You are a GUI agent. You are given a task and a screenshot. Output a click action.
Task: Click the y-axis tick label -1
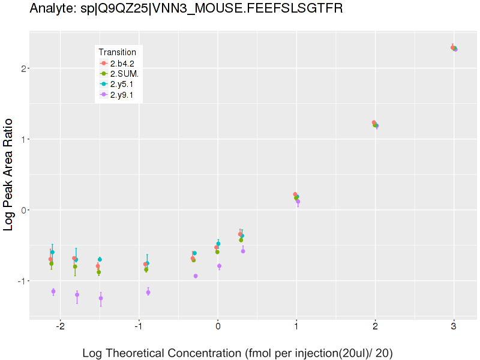[x=19, y=281]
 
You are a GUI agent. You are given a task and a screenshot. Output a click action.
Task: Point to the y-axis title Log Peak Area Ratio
[x=10, y=174]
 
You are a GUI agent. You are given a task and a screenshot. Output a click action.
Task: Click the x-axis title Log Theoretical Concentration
[x=237, y=353]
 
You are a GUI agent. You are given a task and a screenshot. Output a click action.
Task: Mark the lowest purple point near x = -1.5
[x=101, y=298]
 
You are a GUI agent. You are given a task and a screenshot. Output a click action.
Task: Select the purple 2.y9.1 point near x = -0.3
[x=196, y=276]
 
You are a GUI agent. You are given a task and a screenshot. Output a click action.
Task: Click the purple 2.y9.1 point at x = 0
[x=220, y=266]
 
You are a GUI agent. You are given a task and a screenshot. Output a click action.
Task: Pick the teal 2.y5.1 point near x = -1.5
[x=100, y=259]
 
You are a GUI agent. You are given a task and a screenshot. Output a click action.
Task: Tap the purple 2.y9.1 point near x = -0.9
[x=148, y=292]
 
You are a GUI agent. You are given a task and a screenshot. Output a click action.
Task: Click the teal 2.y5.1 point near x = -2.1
[x=52, y=252]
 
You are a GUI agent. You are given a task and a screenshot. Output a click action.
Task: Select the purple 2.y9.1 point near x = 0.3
[x=243, y=251]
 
